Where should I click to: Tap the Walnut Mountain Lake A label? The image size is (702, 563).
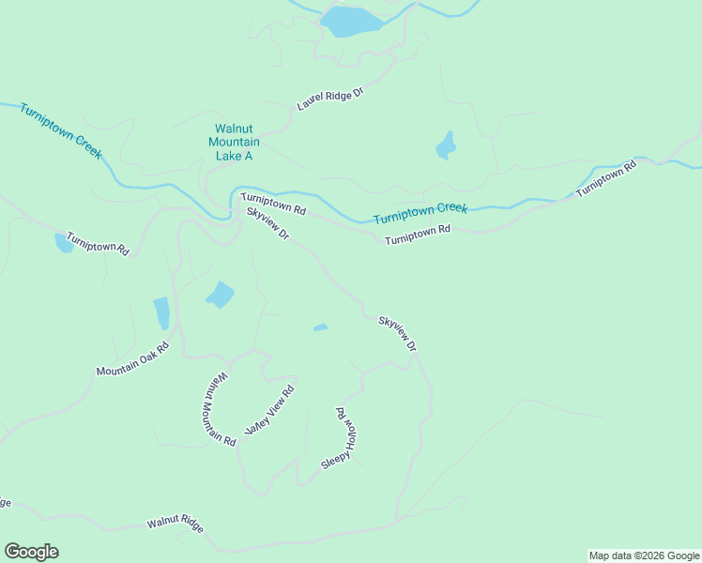pyautogui.click(x=234, y=142)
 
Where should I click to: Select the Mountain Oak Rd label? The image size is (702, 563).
pyautogui.click(x=132, y=358)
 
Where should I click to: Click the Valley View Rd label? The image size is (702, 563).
pyautogui.click(x=270, y=409)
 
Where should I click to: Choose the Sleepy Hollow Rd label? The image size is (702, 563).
pyautogui.click(x=342, y=438)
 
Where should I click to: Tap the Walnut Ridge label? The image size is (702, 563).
pyautogui.click(x=175, y=524)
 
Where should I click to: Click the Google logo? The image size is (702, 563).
pyautogui.click(x=31, y=552)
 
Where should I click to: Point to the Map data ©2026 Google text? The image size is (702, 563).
pyautogui.click(x=644, y=555)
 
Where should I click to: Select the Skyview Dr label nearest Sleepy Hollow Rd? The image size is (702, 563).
pyautogui.click(x=397, y=333)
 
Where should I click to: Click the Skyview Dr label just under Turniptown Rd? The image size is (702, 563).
pyautogui.click(x=267, y=223)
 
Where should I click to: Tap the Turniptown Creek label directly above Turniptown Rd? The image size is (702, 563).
pyautogui.click(x=420, y=213)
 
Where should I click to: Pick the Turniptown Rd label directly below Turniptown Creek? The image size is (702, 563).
pyautogui.click(x=418, y=235)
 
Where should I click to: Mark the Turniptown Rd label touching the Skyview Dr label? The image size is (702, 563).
pyautogui.click(x=272, y=203)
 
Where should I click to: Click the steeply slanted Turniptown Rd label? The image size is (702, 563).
pyautogui.click(x=606, y=178)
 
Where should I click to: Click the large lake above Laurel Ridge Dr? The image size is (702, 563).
pyautogui.click(x=350, y=22)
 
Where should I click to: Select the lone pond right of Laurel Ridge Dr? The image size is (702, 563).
pyautogui.click(x=446, y=146)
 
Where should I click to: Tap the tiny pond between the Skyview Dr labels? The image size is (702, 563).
pyautogui.click(x=320, y=327)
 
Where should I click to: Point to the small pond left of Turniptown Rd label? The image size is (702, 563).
pyautogui.click(x=64, y=243)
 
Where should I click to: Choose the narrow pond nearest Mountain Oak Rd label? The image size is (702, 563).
pyautogui.click(x=161, y=312)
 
